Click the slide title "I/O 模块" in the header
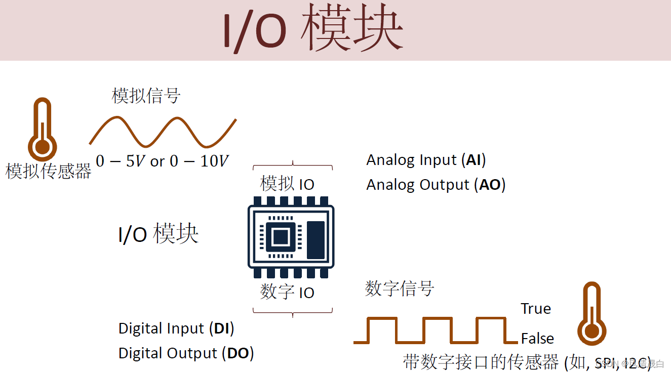click(313, 30)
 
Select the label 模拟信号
click(146, 95)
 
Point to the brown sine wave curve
click(163, 132)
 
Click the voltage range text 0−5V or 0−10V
click(162, 161)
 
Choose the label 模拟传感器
click(48, 171)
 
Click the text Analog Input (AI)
click(426, 160)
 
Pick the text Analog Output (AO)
click(436, 185)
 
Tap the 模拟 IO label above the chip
click(287, 184)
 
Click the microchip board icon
click(291, 237)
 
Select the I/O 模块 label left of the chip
click(158, 234)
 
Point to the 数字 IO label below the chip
click(287, 292)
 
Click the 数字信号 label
click(400, 289)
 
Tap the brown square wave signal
click(429, 330)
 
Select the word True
click(536, 309)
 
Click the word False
click(537, 338)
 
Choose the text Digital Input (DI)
click(176, 328)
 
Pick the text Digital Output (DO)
click(186, 353)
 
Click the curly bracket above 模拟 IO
click(293, 167)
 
